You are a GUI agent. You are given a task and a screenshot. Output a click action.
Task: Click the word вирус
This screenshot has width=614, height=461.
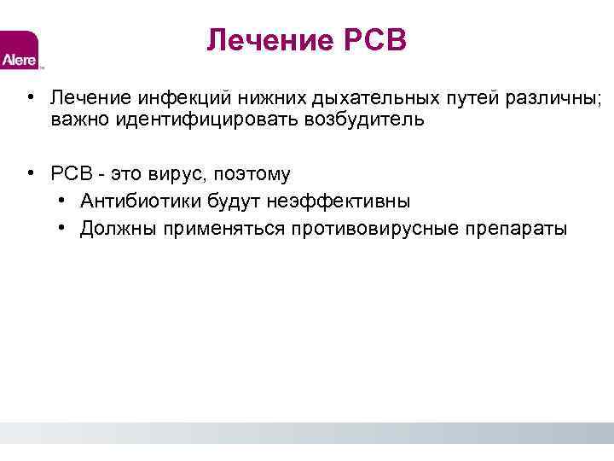tap(166, 174)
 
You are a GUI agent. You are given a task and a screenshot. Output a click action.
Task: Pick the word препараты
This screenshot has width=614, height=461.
tap(515, 229)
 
